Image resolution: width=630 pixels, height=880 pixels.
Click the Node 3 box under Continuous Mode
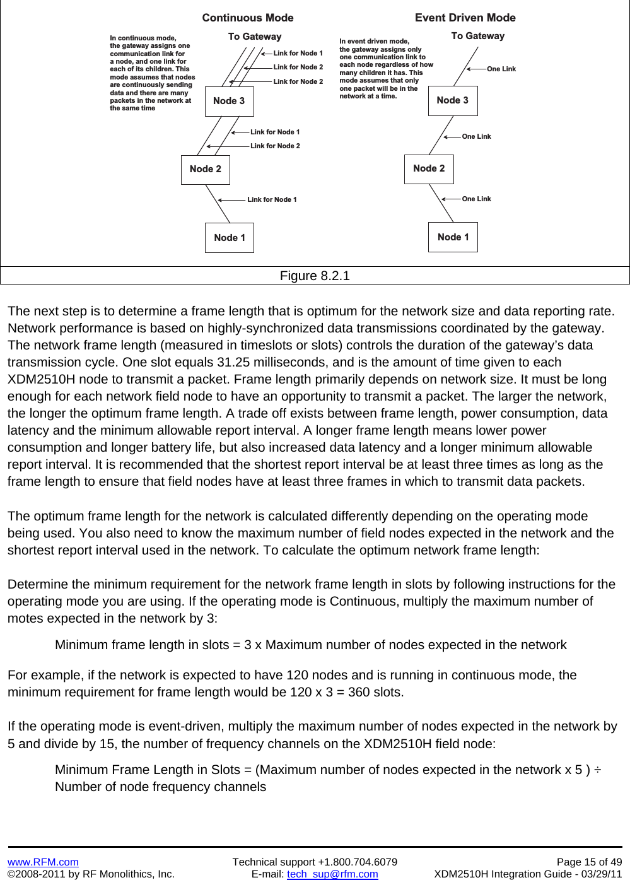[229, 101]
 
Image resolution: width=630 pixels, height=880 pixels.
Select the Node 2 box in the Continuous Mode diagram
[206, 169]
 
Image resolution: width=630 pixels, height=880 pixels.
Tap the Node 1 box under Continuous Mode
[230, 238]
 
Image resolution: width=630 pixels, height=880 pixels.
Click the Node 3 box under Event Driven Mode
[453, 100]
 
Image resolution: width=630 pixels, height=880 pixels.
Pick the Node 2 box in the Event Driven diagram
[429, 168]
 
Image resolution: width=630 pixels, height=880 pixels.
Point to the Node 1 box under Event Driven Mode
[453, 237]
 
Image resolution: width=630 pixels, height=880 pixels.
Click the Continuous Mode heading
[248, 18]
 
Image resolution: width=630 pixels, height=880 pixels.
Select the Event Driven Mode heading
[465, 18]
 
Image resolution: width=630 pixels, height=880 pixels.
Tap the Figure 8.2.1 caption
[315, 276]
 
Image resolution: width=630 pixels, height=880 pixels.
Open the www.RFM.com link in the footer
[43, 862]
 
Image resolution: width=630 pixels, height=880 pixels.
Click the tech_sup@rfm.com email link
[332, 874]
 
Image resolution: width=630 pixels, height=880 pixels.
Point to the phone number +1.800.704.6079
[358, 862]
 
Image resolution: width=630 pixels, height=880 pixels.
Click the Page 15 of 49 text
[589, 862]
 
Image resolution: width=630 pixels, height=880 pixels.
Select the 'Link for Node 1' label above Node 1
[272, 199]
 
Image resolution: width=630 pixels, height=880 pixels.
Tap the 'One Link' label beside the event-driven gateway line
[501, 69]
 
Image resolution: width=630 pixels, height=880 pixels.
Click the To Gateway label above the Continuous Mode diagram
[255, 37]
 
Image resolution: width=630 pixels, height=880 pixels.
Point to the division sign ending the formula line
[597, 770]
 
